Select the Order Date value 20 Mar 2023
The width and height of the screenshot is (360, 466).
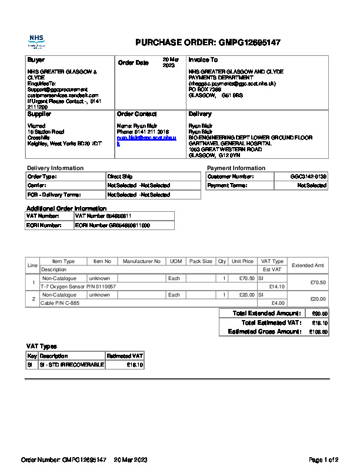(169, 62)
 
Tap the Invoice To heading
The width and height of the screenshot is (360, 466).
(203, 60)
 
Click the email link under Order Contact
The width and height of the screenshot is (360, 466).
(146, 139)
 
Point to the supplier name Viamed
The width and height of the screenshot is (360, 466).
(36, 125)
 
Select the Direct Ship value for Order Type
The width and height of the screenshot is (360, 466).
(120, 176)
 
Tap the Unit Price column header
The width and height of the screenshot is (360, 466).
(242, 261)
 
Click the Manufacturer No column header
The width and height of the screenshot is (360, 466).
(142, 261)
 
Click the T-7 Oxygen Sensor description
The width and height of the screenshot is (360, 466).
(78, 287)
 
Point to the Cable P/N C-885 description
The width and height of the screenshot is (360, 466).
(59, 303)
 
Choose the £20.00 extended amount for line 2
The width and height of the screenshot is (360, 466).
(318, 299)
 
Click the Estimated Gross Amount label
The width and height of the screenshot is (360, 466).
(264, 332)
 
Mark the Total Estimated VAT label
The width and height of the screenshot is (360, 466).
(271, 322)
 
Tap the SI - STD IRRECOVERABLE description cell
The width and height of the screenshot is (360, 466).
(71, 365)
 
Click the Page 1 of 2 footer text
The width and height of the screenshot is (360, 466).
(324, 459)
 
